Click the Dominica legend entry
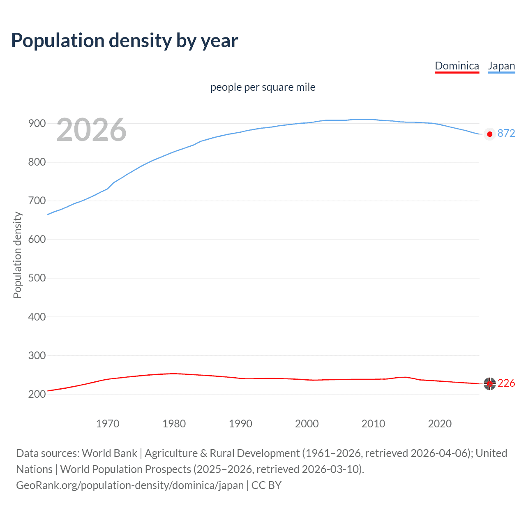tap(457, 66)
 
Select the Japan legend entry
tap(501, 66)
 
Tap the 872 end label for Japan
tap(506, 134)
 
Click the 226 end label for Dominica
tap(506, 383)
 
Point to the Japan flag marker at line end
tap(489, 134)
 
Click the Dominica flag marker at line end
tap(489, 383)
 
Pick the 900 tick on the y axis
tap(37, 124)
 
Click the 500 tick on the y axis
tap(37, 278)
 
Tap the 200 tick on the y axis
tap(37, 394)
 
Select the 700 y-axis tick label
tap(37, 201)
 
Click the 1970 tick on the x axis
tap(108, 424)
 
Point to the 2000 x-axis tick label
tap(307, 424)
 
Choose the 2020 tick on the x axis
tap(440, 424)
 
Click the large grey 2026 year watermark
tap(91, 130)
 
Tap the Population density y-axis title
tap(17, 255)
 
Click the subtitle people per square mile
tap(263, 88)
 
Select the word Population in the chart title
tap(58, 41)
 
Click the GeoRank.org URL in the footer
tap(130, 485)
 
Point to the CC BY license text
tap(266, 485)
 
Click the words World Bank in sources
tap(109, 453)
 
